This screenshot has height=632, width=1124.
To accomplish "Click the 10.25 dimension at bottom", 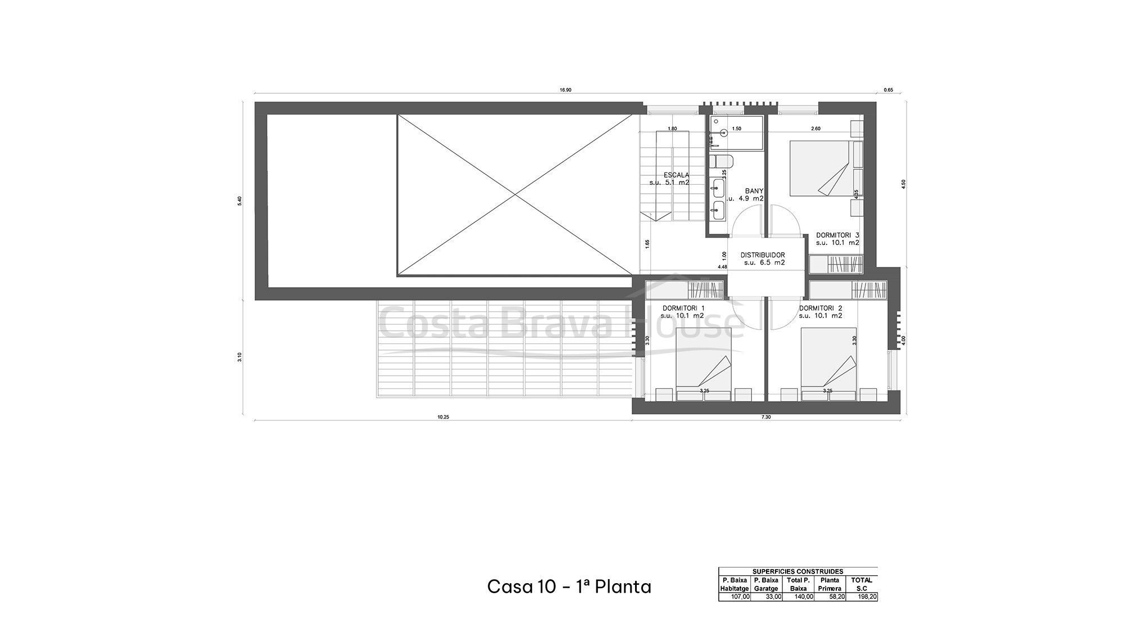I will point(443,417).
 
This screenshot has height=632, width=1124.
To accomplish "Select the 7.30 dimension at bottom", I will point(766,417).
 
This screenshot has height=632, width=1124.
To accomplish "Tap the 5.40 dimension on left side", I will point(240,201).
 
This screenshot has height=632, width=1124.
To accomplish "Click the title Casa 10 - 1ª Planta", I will point(569,586).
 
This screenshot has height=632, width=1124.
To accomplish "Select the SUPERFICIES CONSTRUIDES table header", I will point(797,571).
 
